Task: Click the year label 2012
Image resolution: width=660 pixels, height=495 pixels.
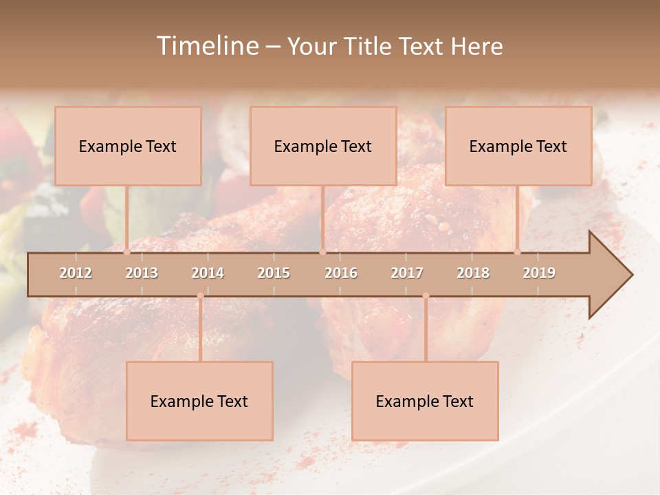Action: pyautogui.click(x=76, y=273)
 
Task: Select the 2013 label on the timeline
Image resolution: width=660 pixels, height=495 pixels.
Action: pyautogui.click(x=142, y=273)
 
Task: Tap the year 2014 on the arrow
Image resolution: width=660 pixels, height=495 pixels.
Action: pyautogui.click(x=208, y=273)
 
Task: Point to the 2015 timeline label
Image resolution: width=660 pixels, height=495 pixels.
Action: pyautogui.click(x=274, y=273)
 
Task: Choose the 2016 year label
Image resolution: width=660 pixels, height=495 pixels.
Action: pyautogui.click(x=341, y=273)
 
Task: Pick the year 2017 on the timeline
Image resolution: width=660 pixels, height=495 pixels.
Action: pyautogui.click(x=407, y=273)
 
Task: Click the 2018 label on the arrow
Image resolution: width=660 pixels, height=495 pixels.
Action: pyautogui.click(x=473, y=273)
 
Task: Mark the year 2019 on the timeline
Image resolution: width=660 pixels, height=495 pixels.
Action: pyautogui.click(x=539, y=273)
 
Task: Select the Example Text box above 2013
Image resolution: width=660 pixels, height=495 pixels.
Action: pyautogui.click(x=128, y=146)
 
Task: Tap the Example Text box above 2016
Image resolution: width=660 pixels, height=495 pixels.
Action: pyautogui.click(x=323, y=146)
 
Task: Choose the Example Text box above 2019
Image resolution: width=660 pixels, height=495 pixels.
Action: pyautogui.click(x=518, y=146)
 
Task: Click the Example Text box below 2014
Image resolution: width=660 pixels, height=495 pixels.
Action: pyautogui.click(x=199, y=401)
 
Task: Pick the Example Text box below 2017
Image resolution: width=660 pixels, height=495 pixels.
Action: pyautogui.click(x=425, y=401)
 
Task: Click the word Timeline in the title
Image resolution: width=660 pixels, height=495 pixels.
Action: pyautogui.click(x=206, y=46)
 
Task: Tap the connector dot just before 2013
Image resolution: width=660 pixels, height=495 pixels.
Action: pyautogui.click(x=126, y=252)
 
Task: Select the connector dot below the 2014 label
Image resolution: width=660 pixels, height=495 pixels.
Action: pyautogui.click(x=200, y=296)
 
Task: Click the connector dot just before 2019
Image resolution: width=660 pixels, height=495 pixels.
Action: pyautogui.click(x=517, y=252)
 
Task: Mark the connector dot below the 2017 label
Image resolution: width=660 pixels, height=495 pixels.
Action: pyautogui.click(x=426, y=296)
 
